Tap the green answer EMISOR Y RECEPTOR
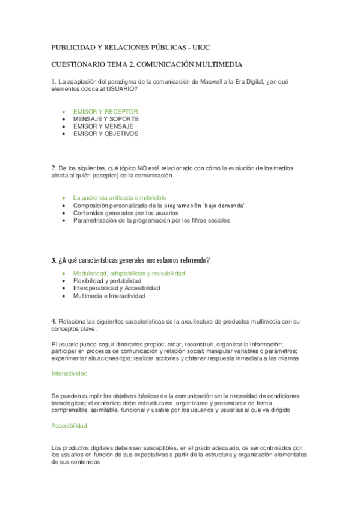pos(105,111)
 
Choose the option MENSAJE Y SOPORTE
pos(105,119)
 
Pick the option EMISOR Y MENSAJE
pos(103,126)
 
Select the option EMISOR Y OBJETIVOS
pos(105,134)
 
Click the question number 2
pos(53,168)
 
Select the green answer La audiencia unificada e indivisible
pos(119,198)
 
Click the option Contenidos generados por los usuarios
pos(125,213)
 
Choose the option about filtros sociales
pos(151,220)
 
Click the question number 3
pos(53,260)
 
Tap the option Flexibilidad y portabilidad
pos(107,281)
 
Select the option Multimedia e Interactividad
pos(109,296)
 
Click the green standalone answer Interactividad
pos(70,373)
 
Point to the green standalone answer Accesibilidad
pos(69,425)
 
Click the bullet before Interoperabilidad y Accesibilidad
pos(64,289)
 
